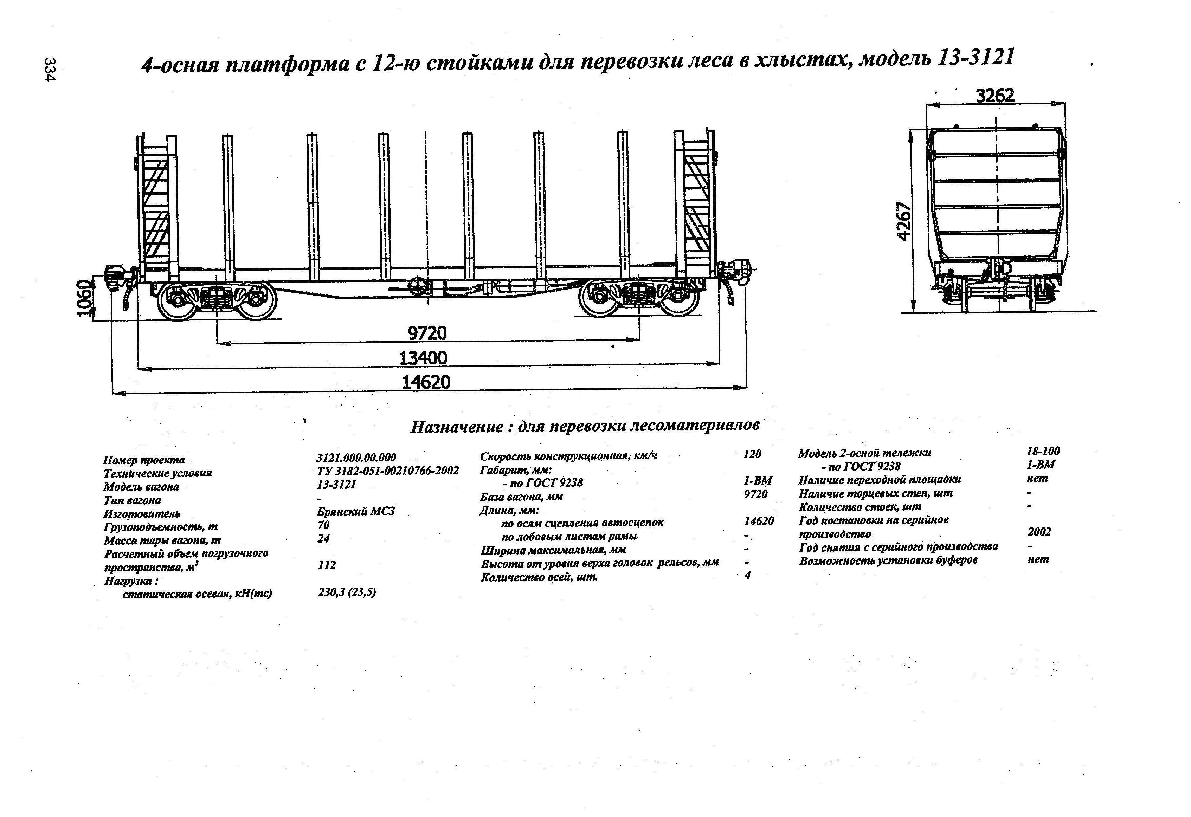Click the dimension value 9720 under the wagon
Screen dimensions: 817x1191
427,333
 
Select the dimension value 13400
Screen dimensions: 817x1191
423,358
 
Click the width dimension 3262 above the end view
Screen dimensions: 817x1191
995,96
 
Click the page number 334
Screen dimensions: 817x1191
50,69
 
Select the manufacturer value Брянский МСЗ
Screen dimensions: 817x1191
356,511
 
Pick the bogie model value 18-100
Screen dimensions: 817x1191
1043,451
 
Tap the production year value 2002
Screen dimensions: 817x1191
1039,532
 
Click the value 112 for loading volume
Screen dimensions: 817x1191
327,565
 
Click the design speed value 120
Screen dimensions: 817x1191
752,454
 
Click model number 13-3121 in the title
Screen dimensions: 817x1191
976,58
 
